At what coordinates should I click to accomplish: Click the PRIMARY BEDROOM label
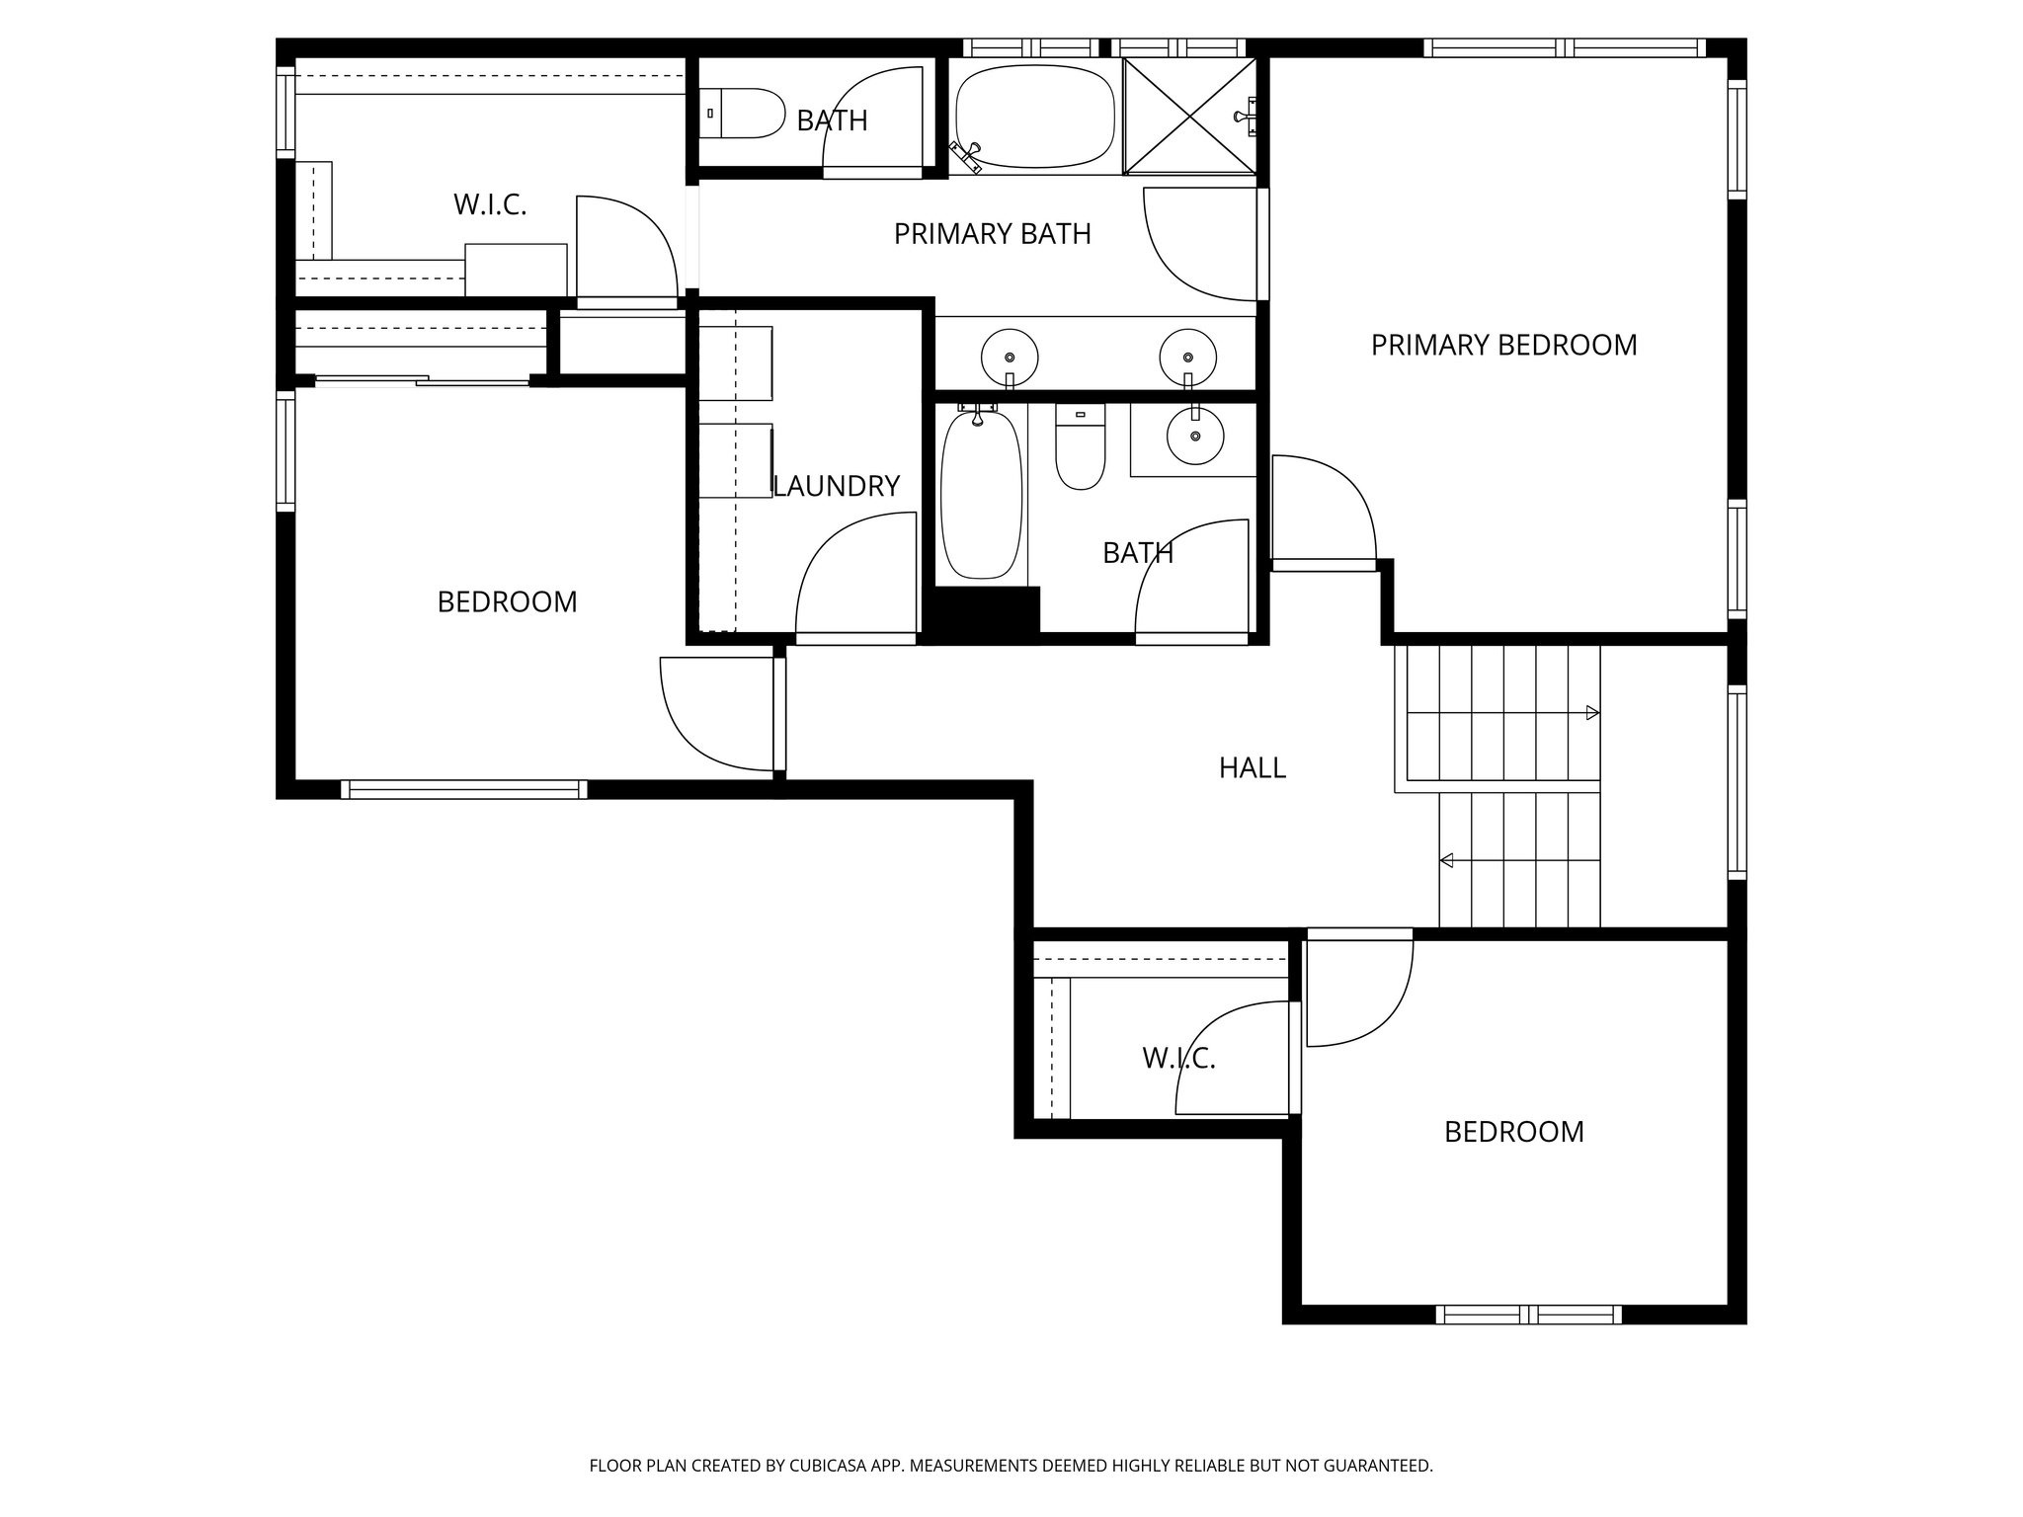tap(1503, 345)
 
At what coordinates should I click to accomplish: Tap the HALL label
tap(1252, 767)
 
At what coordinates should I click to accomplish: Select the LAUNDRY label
tap(837, 486)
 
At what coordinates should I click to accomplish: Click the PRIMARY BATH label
tap(992, 234)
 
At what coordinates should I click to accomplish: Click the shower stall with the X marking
tap(1190, 116)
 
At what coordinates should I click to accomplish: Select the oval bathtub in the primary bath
tap(1034, 116)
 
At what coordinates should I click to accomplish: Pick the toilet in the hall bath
tap(1080, 449)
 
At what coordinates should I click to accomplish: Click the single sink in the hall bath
tap(1195, 436)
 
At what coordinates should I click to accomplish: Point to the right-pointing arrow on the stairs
tap(1591, 713)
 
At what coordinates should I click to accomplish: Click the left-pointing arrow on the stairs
tap(1447, 860)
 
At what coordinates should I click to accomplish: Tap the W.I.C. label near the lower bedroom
tap(1178, 1059)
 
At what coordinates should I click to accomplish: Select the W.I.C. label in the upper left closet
tap(490, 204)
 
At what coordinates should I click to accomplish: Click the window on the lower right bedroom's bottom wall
tap(1528, 1315)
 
